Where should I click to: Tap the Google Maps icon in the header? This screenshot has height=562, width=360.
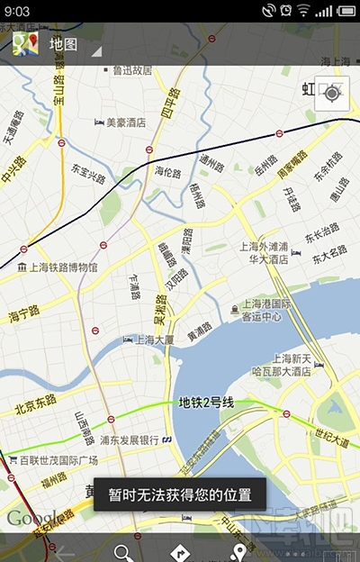tap(24, 42)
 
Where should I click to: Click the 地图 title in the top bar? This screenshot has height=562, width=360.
tap(63, 43)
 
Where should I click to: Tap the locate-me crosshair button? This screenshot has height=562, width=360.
tap(331, 94)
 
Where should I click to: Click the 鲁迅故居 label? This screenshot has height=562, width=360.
tap(133, 69)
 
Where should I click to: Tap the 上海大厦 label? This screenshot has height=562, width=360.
tap(148, 340)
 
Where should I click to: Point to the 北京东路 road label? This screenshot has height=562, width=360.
tap(36, 402)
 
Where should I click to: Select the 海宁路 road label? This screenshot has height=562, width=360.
tap(23, 314)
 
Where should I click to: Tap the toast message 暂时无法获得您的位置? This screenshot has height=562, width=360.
tap(186, 494)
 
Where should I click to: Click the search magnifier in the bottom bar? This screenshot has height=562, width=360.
tap(122, 552)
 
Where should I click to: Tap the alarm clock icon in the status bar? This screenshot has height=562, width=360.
tap(285, 11)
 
